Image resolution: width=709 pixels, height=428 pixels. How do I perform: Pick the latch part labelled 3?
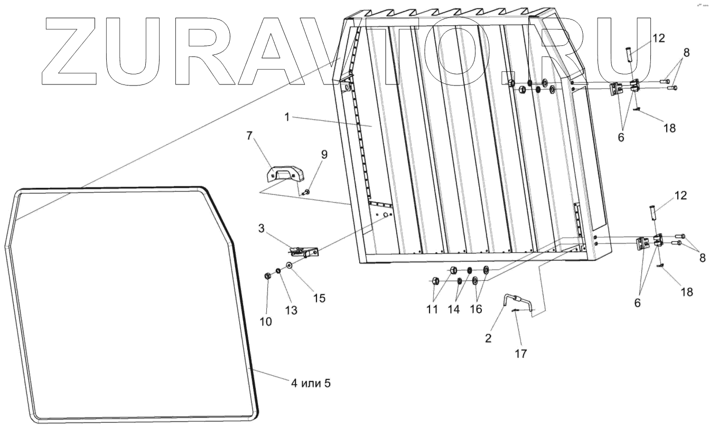[304, 251]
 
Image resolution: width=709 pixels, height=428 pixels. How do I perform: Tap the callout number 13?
[290, 311]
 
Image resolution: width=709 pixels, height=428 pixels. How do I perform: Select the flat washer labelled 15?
[290, 264]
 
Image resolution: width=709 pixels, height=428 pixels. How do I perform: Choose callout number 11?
[432, 309]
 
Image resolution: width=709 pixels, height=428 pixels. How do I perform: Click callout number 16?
[475, 309]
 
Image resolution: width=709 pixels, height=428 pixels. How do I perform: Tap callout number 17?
[521, 351]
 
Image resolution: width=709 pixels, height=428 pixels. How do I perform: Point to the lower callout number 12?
[680, 196]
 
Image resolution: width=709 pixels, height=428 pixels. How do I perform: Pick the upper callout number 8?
[686, 53]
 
